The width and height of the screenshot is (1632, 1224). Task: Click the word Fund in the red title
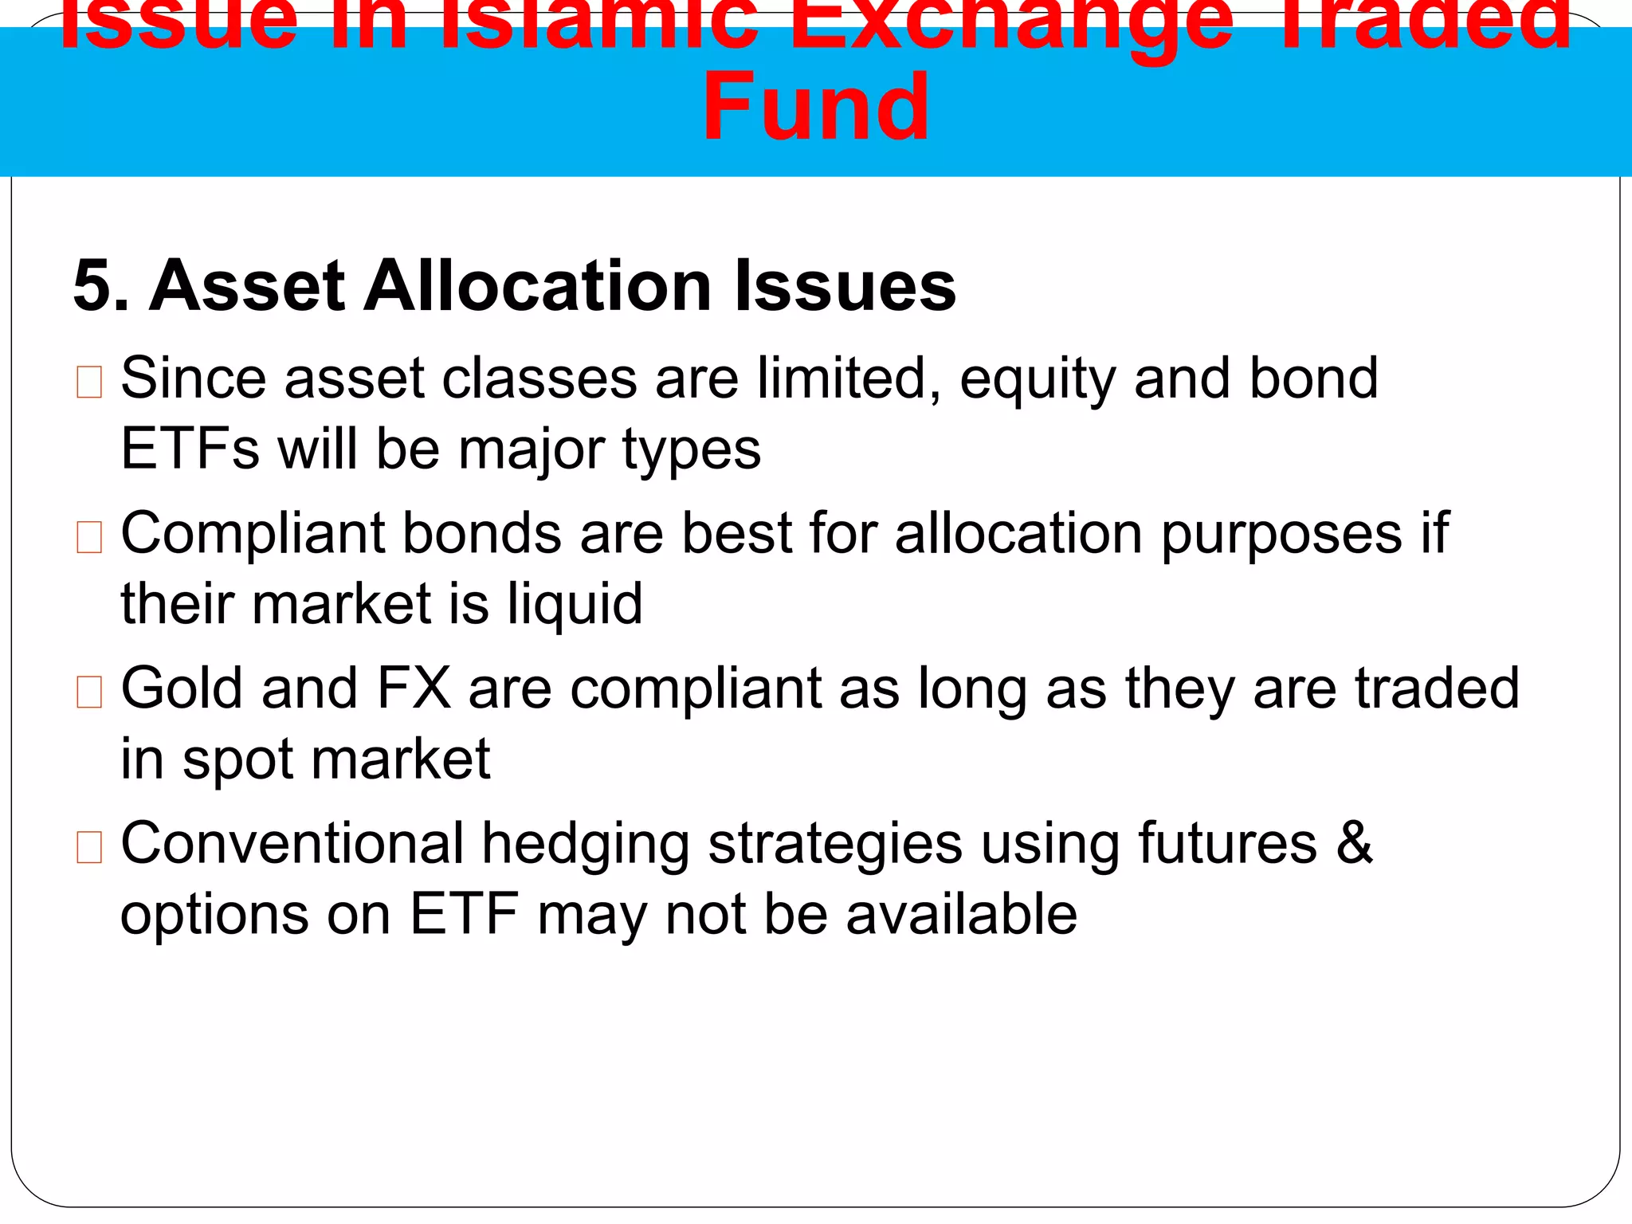815,108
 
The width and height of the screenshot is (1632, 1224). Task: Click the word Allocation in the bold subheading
537,287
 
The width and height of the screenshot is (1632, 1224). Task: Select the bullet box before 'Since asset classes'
89,382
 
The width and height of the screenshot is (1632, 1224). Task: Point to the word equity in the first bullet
1038,380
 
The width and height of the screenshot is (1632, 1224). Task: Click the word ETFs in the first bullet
190,449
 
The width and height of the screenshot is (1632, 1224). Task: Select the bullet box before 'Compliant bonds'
89,537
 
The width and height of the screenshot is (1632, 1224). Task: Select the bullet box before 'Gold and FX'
89,692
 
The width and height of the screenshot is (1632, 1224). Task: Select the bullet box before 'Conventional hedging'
89,847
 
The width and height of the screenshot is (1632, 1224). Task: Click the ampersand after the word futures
1354,843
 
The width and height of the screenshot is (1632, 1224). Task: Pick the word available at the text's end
961,915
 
